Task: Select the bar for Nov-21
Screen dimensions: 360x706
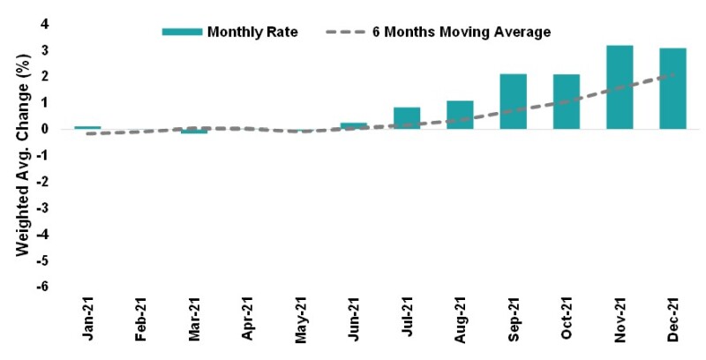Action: point(620,87)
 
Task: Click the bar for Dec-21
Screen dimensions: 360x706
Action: point(672,88)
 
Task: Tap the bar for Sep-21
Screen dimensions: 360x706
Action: point(513,101)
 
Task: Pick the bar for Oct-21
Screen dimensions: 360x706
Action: point(566,101)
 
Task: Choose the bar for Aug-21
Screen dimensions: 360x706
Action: point(460,115)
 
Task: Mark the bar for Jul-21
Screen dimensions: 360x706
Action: point(407,118)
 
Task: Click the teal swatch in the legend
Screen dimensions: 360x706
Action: point(181,32)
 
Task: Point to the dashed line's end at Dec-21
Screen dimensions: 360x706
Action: point(674,74)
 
